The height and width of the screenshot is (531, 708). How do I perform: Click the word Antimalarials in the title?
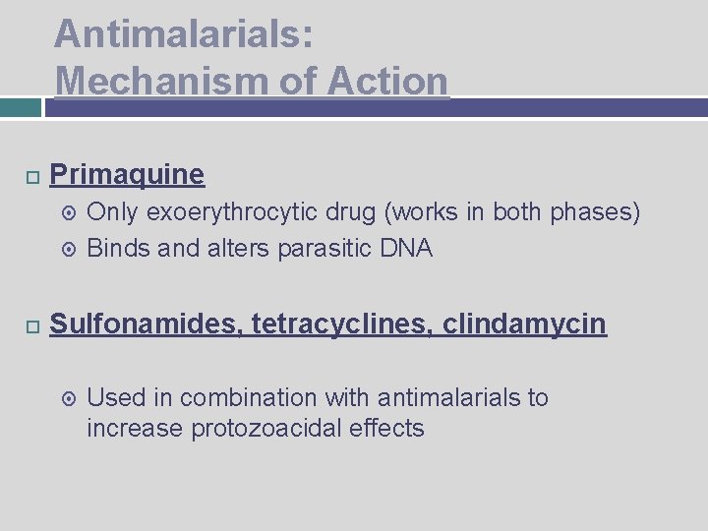183,34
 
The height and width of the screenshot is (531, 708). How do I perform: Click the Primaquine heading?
127,175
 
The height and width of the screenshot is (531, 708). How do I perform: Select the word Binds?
118,248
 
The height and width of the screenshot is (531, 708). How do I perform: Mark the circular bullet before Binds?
69,249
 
